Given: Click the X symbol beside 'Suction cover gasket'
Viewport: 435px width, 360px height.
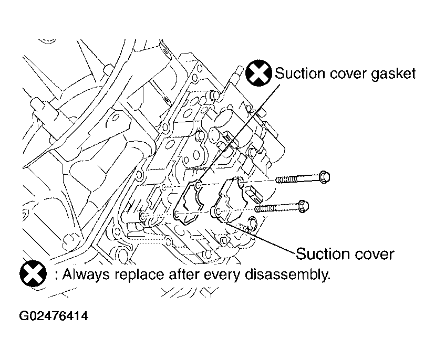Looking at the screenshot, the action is tap(258, 73).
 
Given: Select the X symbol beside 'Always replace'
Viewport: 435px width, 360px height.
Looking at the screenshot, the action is tap(33, 274).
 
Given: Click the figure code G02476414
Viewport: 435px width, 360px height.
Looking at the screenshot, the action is tap(54, 316).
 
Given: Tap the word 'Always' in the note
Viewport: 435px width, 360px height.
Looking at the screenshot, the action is tap(86, 275).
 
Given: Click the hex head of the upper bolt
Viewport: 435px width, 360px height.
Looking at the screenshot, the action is tap(324, 177).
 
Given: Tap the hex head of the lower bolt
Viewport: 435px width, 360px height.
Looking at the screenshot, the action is tap(304, 206).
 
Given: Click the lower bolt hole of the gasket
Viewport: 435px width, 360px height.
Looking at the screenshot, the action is tap(177, 214).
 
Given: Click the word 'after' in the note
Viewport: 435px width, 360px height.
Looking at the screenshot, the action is tap(184, 275).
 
